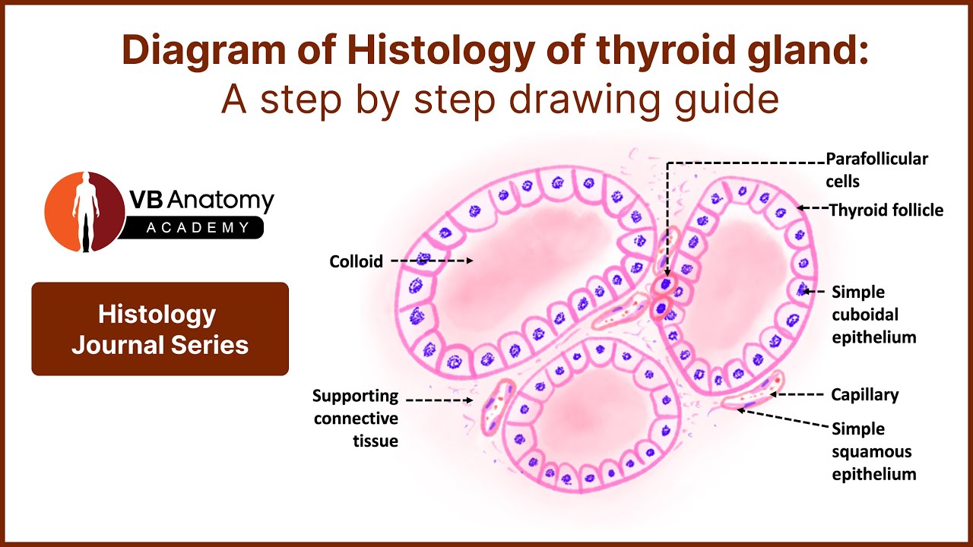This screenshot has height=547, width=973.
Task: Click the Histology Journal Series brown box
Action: coord(160,329)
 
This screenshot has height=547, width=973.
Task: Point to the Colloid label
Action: coord(355,261)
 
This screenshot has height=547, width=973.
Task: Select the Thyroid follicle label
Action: coord(886,210)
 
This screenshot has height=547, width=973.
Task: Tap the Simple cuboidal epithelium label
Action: coord(873,314)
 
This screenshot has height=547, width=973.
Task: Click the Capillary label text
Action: coord(865,394)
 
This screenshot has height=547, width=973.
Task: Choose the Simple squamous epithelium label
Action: coord(873,451)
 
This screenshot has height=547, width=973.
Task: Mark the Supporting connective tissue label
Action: coord(356,418)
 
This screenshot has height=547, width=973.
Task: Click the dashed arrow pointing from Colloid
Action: coord(432,261)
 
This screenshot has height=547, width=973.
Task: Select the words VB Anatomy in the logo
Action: coord(201,201)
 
